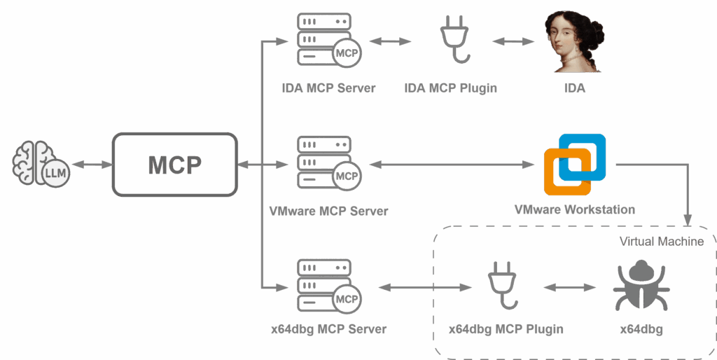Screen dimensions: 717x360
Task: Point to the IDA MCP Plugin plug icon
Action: point(454,39)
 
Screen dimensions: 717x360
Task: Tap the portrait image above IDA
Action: point(574,41)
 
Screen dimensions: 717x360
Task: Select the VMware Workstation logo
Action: point(575,165)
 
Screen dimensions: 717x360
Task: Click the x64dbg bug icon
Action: point(641,286)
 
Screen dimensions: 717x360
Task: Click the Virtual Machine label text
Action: point(661,242)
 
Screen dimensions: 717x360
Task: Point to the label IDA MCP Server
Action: point(329,88)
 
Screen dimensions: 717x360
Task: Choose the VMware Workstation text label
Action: point(575,209)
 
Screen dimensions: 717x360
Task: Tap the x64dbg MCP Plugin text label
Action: point(506,329)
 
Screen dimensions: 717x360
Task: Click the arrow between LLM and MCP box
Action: point(92,164)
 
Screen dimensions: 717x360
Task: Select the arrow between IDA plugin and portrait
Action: point(513,41)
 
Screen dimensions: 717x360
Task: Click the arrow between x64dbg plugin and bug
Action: point(569,287)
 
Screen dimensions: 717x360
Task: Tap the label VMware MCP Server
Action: point(329,211)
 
